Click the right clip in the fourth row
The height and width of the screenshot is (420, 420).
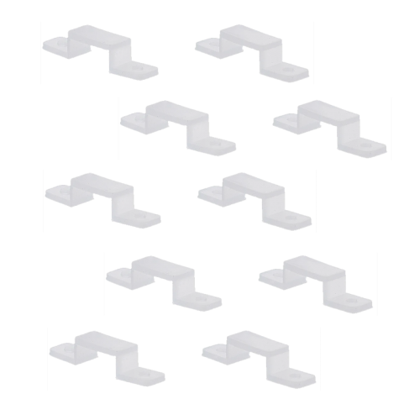(x=316, y=277)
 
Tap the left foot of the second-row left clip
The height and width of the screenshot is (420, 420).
(x=134, y=122)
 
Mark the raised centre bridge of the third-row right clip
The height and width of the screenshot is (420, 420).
(x=250, y=183)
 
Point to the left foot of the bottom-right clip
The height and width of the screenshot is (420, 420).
(x=217, y=349)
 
